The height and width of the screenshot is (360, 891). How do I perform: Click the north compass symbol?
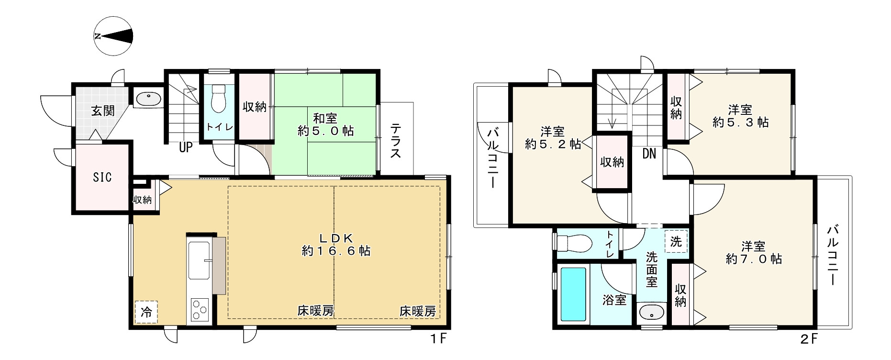[113, 36]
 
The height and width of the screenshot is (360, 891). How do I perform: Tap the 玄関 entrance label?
[102, 111]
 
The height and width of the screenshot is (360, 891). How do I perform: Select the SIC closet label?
[102, 177]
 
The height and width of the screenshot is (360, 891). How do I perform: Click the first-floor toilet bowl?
[218, 98]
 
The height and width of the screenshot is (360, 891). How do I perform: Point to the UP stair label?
[186, 147]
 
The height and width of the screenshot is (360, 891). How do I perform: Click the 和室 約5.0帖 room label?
[325, 124]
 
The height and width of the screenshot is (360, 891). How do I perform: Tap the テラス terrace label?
[395, 141]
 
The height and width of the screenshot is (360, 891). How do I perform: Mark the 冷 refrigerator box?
[146, 313]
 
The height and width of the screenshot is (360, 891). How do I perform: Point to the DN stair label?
[649, 154]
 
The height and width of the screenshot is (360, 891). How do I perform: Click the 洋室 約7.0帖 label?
[754, 253]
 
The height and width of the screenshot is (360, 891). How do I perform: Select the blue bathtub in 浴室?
[573, 294]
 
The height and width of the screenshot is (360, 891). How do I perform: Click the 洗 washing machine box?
[676, 242]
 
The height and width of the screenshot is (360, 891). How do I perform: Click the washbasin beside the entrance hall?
[148, 99]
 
